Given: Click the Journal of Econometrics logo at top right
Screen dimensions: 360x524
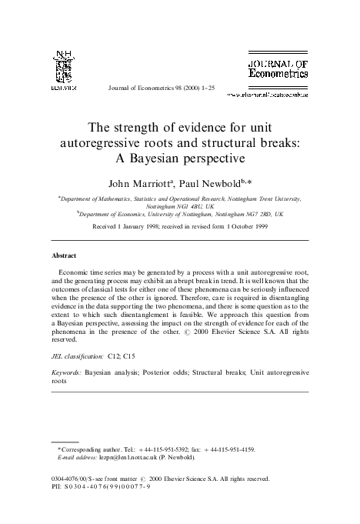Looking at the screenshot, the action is [x=278, y=68].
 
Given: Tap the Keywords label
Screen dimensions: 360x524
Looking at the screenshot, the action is [x=67, y=372].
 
